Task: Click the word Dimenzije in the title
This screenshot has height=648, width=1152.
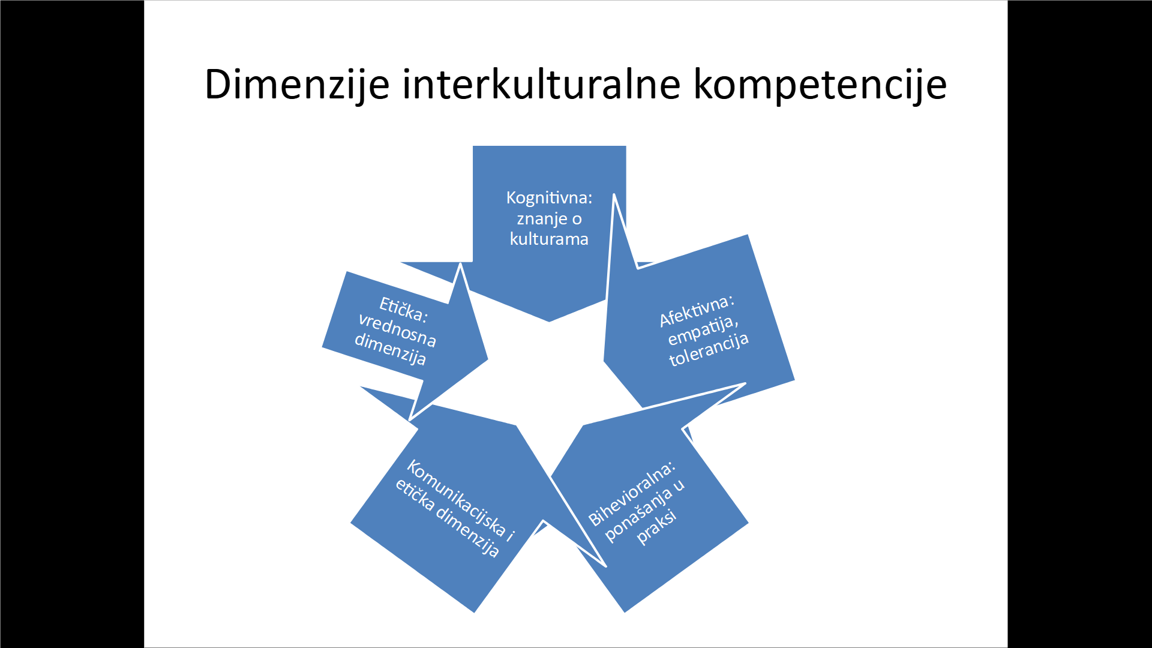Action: pyautogui.click(x=297, y=85)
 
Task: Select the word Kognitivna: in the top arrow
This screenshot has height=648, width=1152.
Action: pyautogui.click(x=549, y=198)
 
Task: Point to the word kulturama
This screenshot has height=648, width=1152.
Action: pyautogui.click(x=549, y=239)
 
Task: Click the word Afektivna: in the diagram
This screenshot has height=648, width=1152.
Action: pyautogui.click(x=697, y=311)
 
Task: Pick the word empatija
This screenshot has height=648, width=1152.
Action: pyautogui.click(x=703, y=331)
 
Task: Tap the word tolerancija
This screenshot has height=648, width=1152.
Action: pyautogui.click(x=709, y=349)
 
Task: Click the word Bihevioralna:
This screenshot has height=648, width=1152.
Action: pyautogui.click(x=632, y=494)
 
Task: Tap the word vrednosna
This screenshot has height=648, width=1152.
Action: pyautogui.click(x=397, y=330)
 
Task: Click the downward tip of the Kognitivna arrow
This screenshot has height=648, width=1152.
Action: pyautogui.click(x=549, y=322)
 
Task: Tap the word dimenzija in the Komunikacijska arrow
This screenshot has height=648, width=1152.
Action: pyautogui.click(x=467, y=532)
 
